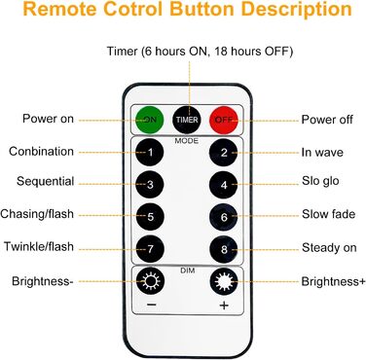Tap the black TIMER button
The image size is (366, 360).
click(187, 120)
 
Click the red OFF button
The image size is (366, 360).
click(224, 120)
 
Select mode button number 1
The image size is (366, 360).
click(150, 152)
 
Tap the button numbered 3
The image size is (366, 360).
click(150, 185)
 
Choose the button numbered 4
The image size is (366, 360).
click(224, 185)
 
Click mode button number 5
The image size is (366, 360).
click(150, 216)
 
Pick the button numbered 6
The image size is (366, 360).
click(224, 217)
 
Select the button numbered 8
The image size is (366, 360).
click(224, 249)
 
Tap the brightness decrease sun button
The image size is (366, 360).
click(150, 281)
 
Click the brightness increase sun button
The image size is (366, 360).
click(224, 281)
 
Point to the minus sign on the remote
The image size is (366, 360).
click(152, 305)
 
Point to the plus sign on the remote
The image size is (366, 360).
click(224, 306)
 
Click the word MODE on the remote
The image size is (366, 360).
click(187, 141)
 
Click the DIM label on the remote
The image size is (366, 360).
click(188, 270)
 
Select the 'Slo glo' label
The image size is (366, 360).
click(320, 181)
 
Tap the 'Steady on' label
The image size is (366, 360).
click(329, 248)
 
